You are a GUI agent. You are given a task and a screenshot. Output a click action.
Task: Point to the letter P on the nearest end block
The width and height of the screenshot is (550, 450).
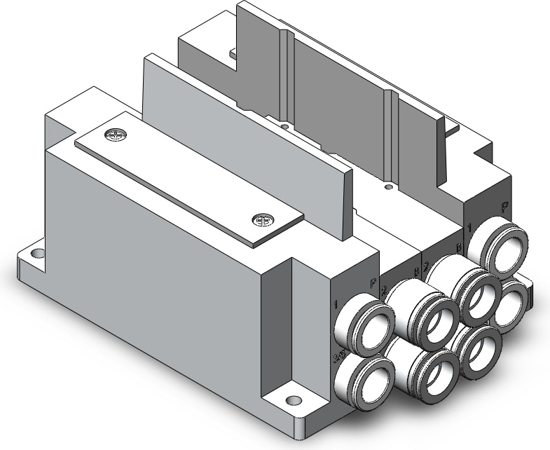click(x=373, y=284)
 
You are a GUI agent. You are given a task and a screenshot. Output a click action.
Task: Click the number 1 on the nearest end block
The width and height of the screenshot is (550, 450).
click(x=336, y=304)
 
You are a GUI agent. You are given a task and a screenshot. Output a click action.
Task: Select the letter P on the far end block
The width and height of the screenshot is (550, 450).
click(x=504, y=207)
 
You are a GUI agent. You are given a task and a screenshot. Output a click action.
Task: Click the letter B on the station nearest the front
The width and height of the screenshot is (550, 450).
click(x=416, y=272)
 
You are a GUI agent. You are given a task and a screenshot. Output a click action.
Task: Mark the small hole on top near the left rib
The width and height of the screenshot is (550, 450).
click(x=284, y=127)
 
